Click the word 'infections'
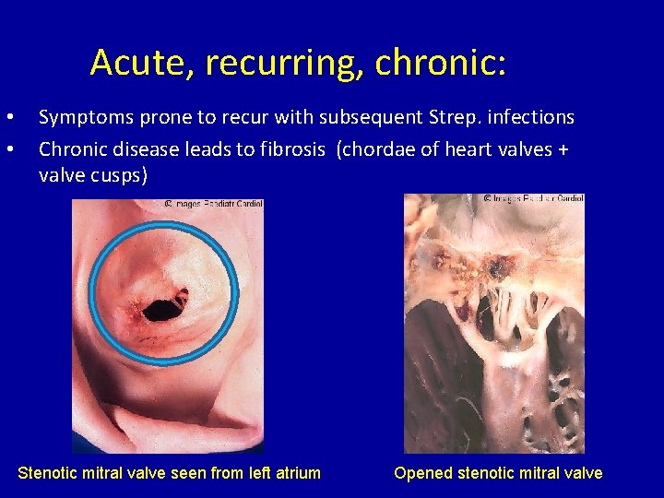click(x=531, y=118)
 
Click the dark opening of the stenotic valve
click(x=163, y=307)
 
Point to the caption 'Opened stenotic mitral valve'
click(x=498, y=473)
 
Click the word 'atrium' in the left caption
click(x=293, y=473)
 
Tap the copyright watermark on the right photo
click(x=534, y=198)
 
